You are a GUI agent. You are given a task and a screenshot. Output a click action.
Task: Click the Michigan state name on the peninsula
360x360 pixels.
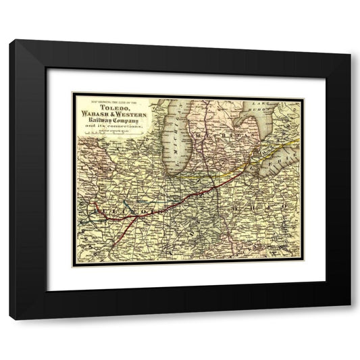(220, 145)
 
